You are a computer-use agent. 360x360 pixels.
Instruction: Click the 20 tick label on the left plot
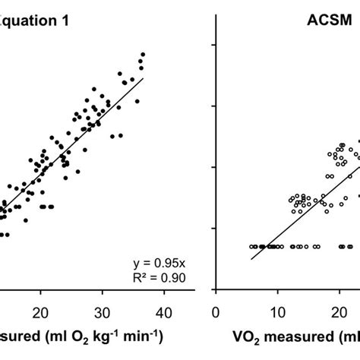[42, 312]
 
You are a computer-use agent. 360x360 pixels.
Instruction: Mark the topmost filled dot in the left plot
[142, 55]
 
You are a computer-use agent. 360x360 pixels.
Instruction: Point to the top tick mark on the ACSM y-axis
[219, 45]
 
